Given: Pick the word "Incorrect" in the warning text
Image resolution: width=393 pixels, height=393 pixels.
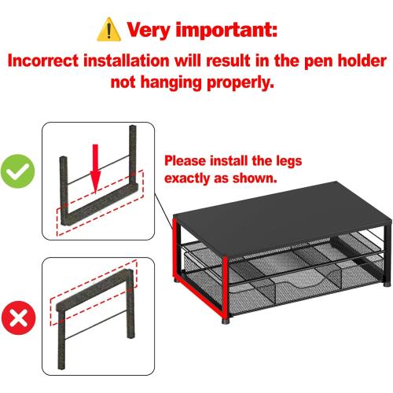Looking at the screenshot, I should click(48, 60).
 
